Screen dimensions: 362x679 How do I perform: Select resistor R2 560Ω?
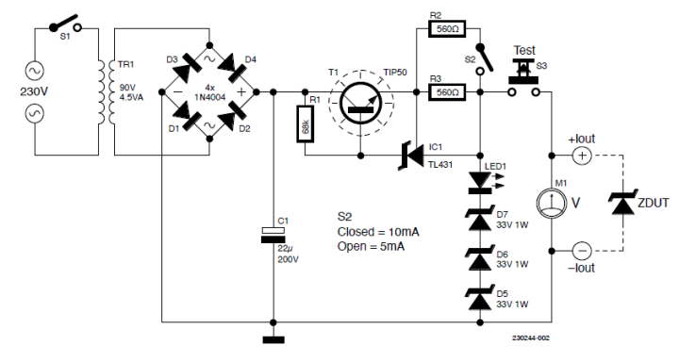click(x=445, y=29)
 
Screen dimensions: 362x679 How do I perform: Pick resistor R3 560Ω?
click(x=445, y=92)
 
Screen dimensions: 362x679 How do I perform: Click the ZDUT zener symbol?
click(x=621, y=202)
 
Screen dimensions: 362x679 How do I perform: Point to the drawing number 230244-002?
click(x=531, y=336)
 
